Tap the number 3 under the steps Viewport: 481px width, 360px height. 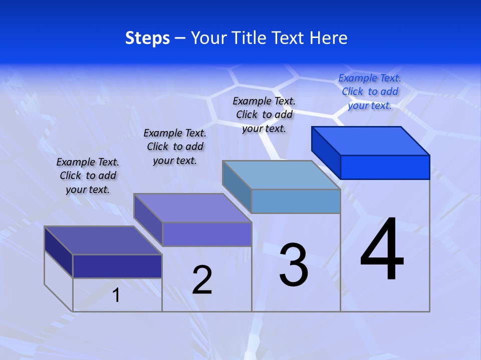coord(294,265)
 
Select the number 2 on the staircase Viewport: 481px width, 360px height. coord(202,279)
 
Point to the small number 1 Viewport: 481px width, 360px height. coord(116,295)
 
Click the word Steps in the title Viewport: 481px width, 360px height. coord(147,37)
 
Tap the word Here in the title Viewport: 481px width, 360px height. coord(329,37)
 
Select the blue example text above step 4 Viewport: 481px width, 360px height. coord(370,91)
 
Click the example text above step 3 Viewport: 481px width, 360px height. coord(264,114)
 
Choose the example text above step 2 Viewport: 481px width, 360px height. coord(175,146)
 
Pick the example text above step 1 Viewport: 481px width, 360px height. coord(88,175)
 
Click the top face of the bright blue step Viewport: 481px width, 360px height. coord(371,140)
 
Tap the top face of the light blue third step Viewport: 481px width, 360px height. coord(282,175)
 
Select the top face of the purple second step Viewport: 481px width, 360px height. coord(192,208)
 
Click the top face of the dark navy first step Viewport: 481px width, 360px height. coord(103,240)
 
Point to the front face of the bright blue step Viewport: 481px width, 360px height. coord(385,167)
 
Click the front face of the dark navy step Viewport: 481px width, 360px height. coord(117,266)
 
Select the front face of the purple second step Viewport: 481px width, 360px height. coord(206,234)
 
